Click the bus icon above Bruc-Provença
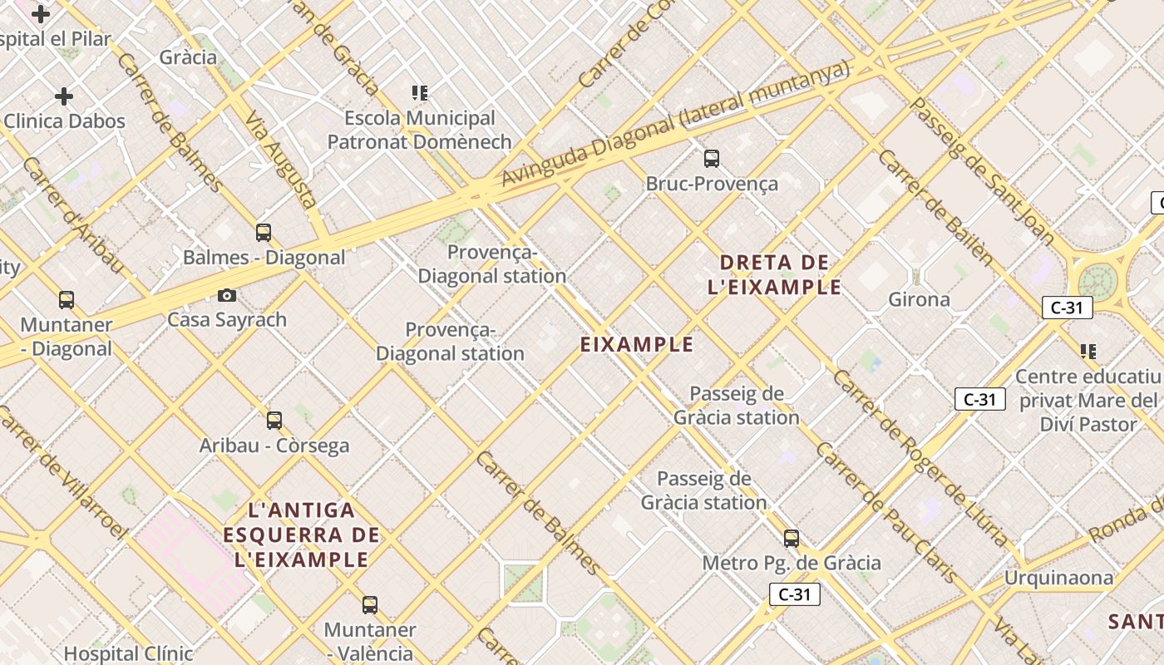(711, 158)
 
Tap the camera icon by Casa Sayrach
(226, 295)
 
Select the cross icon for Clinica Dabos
(64, 96)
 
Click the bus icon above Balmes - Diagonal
(264, 232)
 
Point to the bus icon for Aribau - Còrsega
(274, 420)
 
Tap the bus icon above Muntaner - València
(370, 604)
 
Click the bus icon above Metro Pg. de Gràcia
(792, 538)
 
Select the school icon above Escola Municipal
(420, 92)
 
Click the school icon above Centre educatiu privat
(1088, 351)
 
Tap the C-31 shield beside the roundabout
(1067, 308)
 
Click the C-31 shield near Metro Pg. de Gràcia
(795, 594)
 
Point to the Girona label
(919, 299)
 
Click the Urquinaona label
(1058, 577)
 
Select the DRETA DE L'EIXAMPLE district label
(774, 275)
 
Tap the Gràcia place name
(188, 57)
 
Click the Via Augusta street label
(281, 159)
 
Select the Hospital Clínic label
(128, 653)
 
